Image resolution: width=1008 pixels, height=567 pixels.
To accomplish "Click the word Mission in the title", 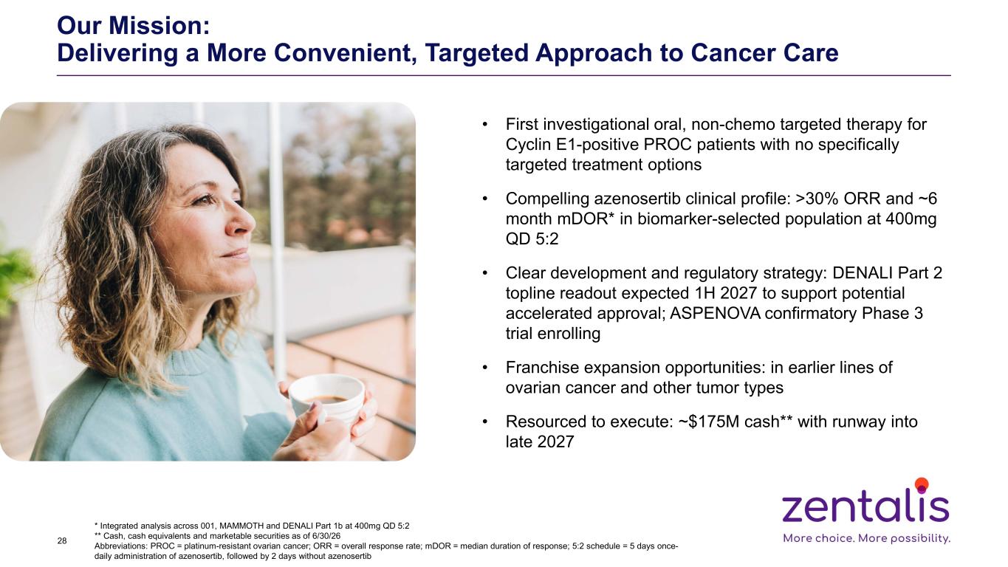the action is (159, 25).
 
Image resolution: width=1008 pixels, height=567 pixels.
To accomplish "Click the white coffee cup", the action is (327, 397).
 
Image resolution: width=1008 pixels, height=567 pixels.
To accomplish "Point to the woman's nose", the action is (242, 221).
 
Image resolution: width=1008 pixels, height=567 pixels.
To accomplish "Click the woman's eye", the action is (203, 198).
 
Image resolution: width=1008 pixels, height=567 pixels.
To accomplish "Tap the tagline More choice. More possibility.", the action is (866, 538).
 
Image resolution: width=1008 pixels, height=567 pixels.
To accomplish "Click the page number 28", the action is (62, 541).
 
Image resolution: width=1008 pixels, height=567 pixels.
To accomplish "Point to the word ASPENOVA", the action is (715, 313).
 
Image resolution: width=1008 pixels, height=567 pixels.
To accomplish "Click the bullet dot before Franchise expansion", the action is (484, 368).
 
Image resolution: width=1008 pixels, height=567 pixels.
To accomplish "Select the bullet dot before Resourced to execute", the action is (484, 422).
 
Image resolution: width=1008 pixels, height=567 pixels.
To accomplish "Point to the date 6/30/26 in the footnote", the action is (326, 536).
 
